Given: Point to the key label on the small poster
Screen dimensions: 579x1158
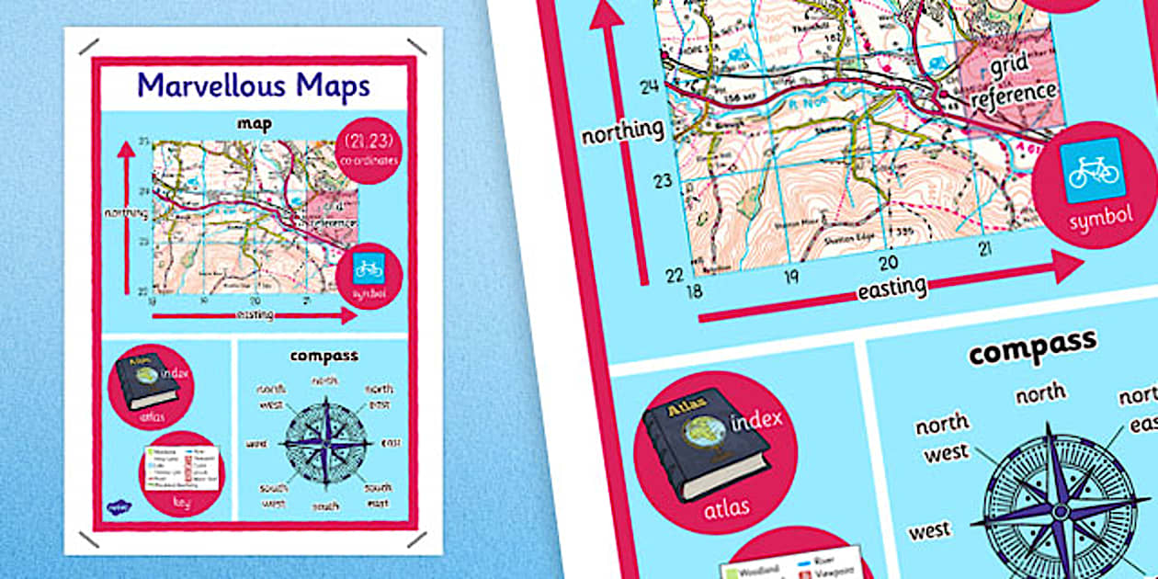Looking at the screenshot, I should point(181,503).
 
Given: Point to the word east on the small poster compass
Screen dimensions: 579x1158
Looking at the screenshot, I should point(392,443).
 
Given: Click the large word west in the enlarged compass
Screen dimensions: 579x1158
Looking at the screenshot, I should point(929,531).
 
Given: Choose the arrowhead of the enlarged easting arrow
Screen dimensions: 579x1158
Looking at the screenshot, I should point(1068,267).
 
